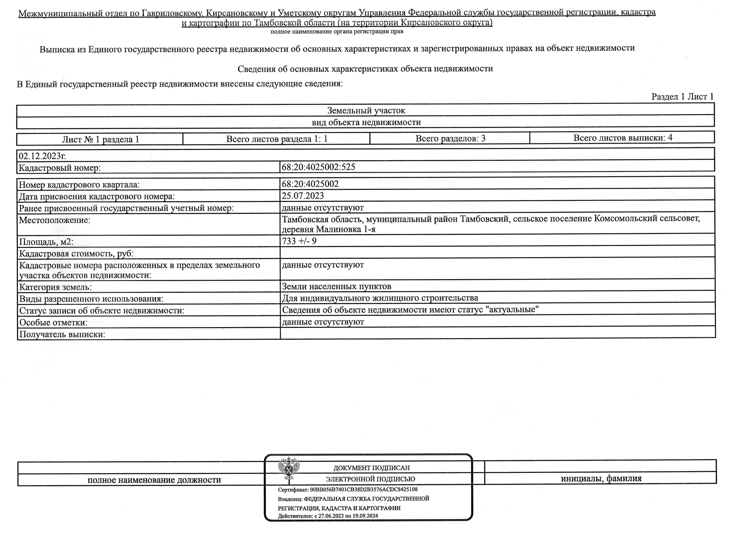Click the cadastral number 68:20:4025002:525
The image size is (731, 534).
(318, 167)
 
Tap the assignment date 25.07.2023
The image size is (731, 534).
(303, 196)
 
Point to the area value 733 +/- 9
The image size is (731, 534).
(299, 241)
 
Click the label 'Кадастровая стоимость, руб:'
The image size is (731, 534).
(76, 254)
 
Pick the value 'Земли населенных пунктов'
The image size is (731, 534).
(336, 286)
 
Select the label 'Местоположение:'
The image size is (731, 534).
(55, 220)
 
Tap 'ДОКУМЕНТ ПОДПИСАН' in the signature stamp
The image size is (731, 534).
(371, 468)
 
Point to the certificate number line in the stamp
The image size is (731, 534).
(348, 489)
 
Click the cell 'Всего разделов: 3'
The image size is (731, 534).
(450, 138)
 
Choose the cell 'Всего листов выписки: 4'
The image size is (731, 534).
(622, 138)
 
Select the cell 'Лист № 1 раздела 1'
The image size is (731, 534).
(101, 140)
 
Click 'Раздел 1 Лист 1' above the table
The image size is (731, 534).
(682, 97)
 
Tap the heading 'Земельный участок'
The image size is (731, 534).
(366, 111)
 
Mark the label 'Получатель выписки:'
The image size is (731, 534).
(62, 335)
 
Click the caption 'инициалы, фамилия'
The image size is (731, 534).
(601, 478)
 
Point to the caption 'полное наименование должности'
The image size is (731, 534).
(154, 480)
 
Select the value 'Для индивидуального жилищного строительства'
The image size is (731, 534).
(380, 298)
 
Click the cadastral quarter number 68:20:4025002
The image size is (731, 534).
(310, 184)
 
